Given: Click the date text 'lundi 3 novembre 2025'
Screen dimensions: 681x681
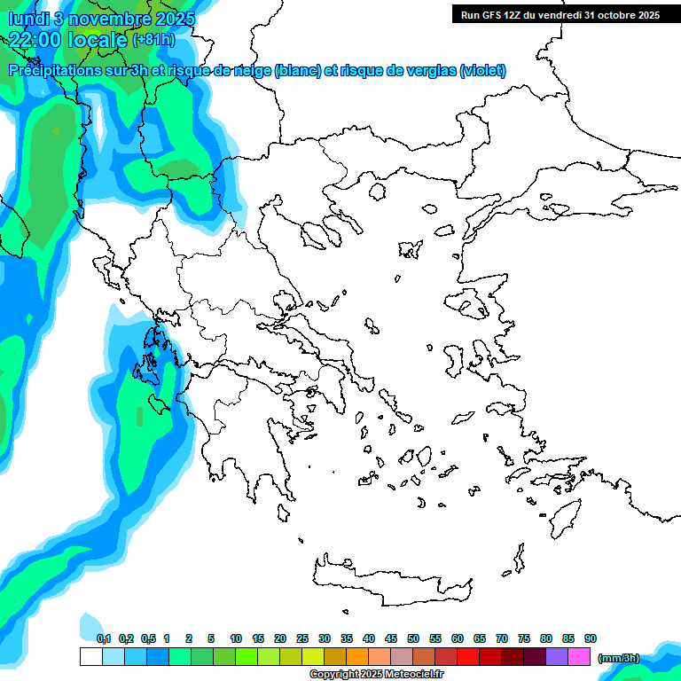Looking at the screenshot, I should tap(102, 19).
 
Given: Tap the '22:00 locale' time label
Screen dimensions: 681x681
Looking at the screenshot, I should tap(69, 39).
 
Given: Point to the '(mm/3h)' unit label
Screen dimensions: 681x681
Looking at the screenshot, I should tap(619, 658).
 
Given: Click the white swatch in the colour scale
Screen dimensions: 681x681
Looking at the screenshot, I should tap(91, 657).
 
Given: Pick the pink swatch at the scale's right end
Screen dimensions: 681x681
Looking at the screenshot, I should tap(579, 657).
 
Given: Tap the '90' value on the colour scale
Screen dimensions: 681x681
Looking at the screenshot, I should tap(591, 638).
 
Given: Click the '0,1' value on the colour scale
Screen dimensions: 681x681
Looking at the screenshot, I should tap(104, 638).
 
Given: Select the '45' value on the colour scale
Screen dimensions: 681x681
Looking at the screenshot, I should tap(391, 638).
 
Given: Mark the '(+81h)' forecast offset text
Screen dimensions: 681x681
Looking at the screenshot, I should tap(153, 40).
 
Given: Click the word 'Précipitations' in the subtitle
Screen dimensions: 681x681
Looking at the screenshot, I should tap(59, 70).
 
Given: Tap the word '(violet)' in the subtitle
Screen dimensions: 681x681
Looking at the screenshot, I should tap(482, 70).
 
